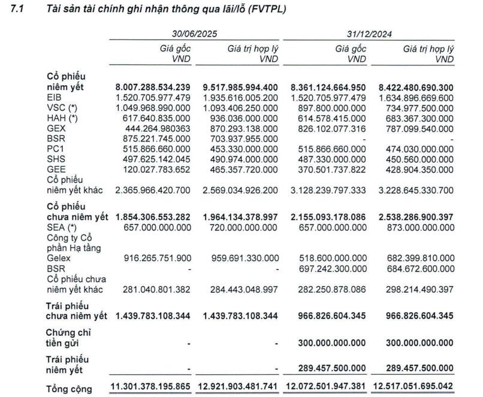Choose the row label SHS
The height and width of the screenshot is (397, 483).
(55, 159)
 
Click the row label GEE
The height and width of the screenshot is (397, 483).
(55, 169)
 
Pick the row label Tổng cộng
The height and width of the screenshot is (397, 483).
(70, 389)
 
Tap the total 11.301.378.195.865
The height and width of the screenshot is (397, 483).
(153, 387)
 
